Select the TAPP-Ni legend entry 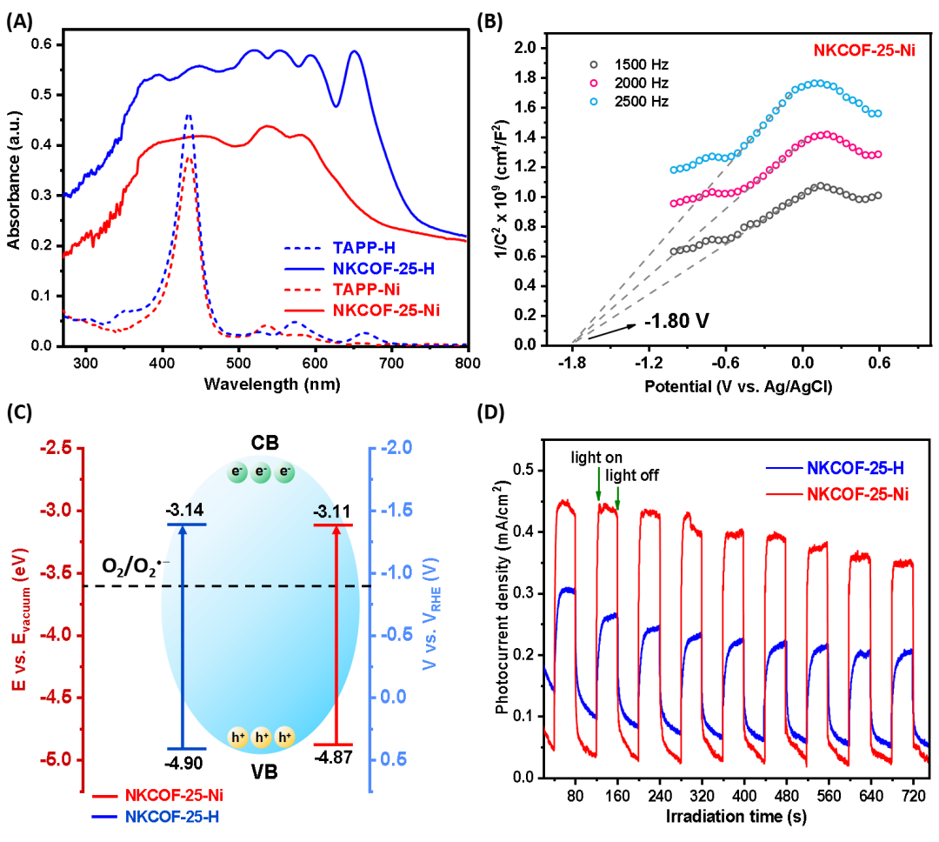[x=366, y=290]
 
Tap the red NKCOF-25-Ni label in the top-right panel [x=863, y=50]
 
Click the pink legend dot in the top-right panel [x=594, y=83]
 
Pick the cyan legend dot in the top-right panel [x=594, y=102]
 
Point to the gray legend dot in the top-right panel [x=594, y=63]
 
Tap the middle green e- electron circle [x=261, y=473]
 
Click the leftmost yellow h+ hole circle [x=238, y=738]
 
